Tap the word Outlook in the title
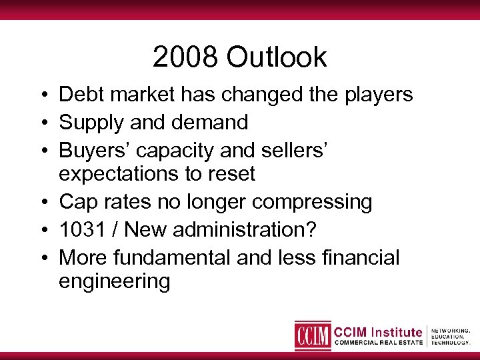tap(277, 57)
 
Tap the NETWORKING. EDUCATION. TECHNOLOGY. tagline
tap(451, 336)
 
